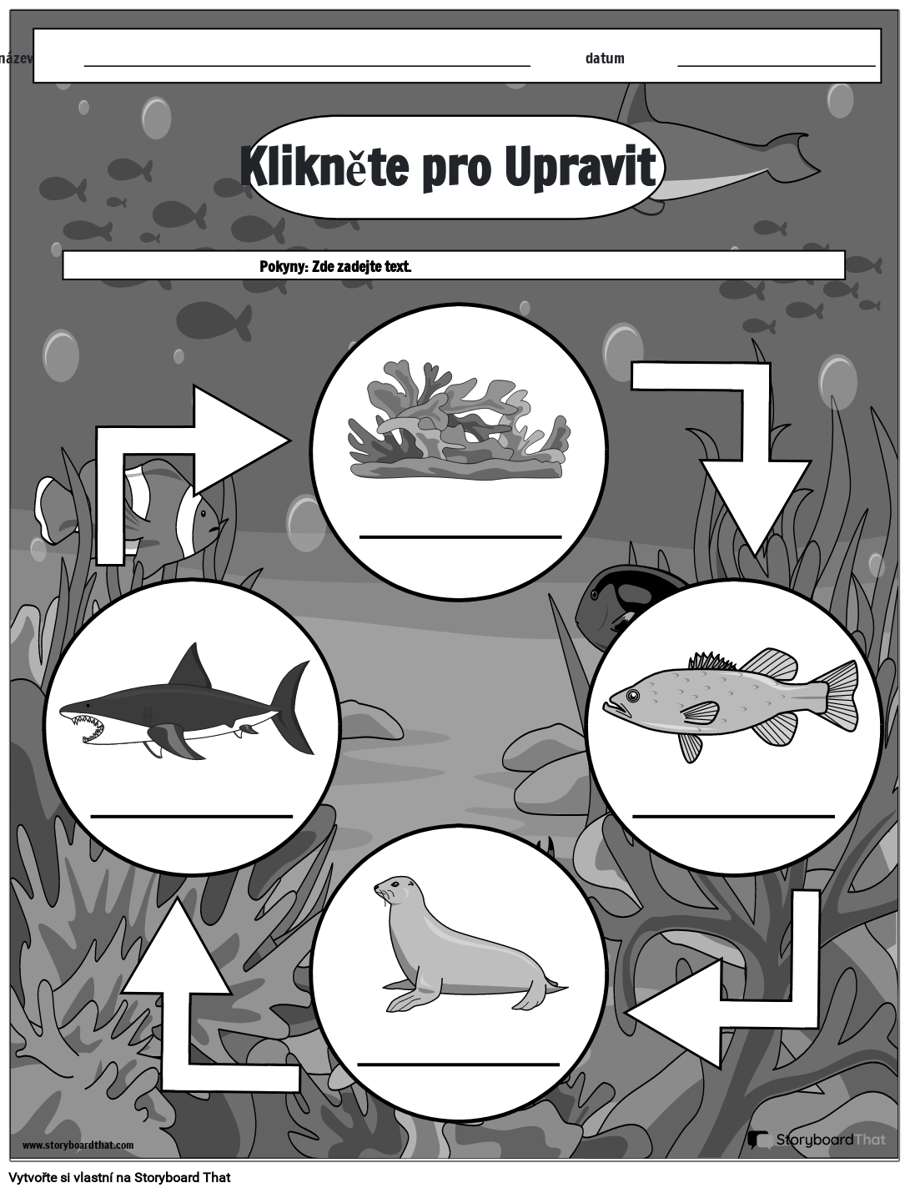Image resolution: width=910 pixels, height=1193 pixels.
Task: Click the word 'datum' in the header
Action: (x=605, y=58)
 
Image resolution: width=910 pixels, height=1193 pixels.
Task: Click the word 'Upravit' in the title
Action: (x=580, y=167)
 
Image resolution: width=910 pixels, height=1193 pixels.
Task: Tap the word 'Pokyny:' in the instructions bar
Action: (x=284, y=267)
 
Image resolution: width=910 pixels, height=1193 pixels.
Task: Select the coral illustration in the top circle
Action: (x=459, y=421)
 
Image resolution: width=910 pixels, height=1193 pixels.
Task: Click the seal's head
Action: (x=394, y=891)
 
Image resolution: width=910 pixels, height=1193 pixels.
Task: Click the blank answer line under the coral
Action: (x=460, y=536)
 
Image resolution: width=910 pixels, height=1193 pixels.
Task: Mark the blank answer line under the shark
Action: (x=192, y=815)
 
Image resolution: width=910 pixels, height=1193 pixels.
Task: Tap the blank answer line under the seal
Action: (x=458, y=1064)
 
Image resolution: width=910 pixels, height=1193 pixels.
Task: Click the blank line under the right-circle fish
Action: (x=733, y=815)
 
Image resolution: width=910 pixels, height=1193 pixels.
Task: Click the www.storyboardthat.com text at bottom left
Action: (x=78, y=1145)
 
